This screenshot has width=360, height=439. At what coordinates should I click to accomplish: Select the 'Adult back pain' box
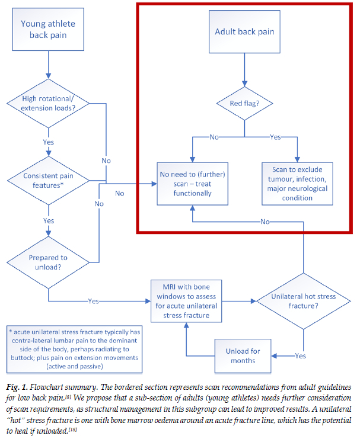244,31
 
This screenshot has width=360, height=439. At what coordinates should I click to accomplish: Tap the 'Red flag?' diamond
244,104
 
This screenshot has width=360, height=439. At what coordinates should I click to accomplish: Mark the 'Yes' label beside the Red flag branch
275,137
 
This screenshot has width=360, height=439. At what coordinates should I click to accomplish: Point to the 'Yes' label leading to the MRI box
93,301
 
